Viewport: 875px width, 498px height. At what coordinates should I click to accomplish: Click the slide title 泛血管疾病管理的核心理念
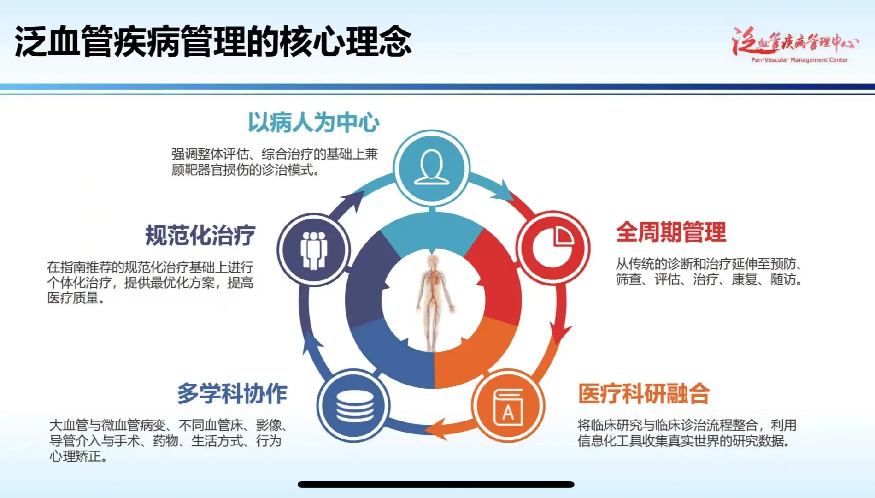pyautogui.click(x=213, y=41)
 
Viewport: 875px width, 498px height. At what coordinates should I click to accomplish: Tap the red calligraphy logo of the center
pyautogui.click(x=795, y=41)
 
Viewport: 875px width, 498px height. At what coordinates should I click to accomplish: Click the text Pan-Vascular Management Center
pyautogui.click(x=799, y=60)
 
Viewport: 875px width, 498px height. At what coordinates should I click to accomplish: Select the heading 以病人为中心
pyautogui.click(x=313, y=123)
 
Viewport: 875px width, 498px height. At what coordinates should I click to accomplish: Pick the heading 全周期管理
pyautogui.click(x=671, y=232)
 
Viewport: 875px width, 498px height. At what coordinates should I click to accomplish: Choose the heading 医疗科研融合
pyautogui.click(x=644, y=394)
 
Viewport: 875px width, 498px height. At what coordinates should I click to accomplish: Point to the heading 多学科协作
pyautogui.click(x=232, y=394)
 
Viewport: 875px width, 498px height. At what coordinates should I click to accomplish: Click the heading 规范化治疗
pyautogui.click(x=200, y=235)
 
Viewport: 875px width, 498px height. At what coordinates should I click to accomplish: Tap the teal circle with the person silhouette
pyautogui.click(x=432, y=167)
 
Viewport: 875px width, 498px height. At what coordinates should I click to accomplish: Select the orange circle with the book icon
pyautogui.click(x=508, y=406)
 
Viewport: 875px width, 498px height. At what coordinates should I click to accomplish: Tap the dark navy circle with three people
pyautogui.click(x=314, y=249)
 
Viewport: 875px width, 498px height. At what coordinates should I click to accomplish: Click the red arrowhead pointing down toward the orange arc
pyautogui.click(x=559, y=333)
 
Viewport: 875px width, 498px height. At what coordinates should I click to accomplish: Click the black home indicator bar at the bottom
pyautogui.click(x=436, y=485)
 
